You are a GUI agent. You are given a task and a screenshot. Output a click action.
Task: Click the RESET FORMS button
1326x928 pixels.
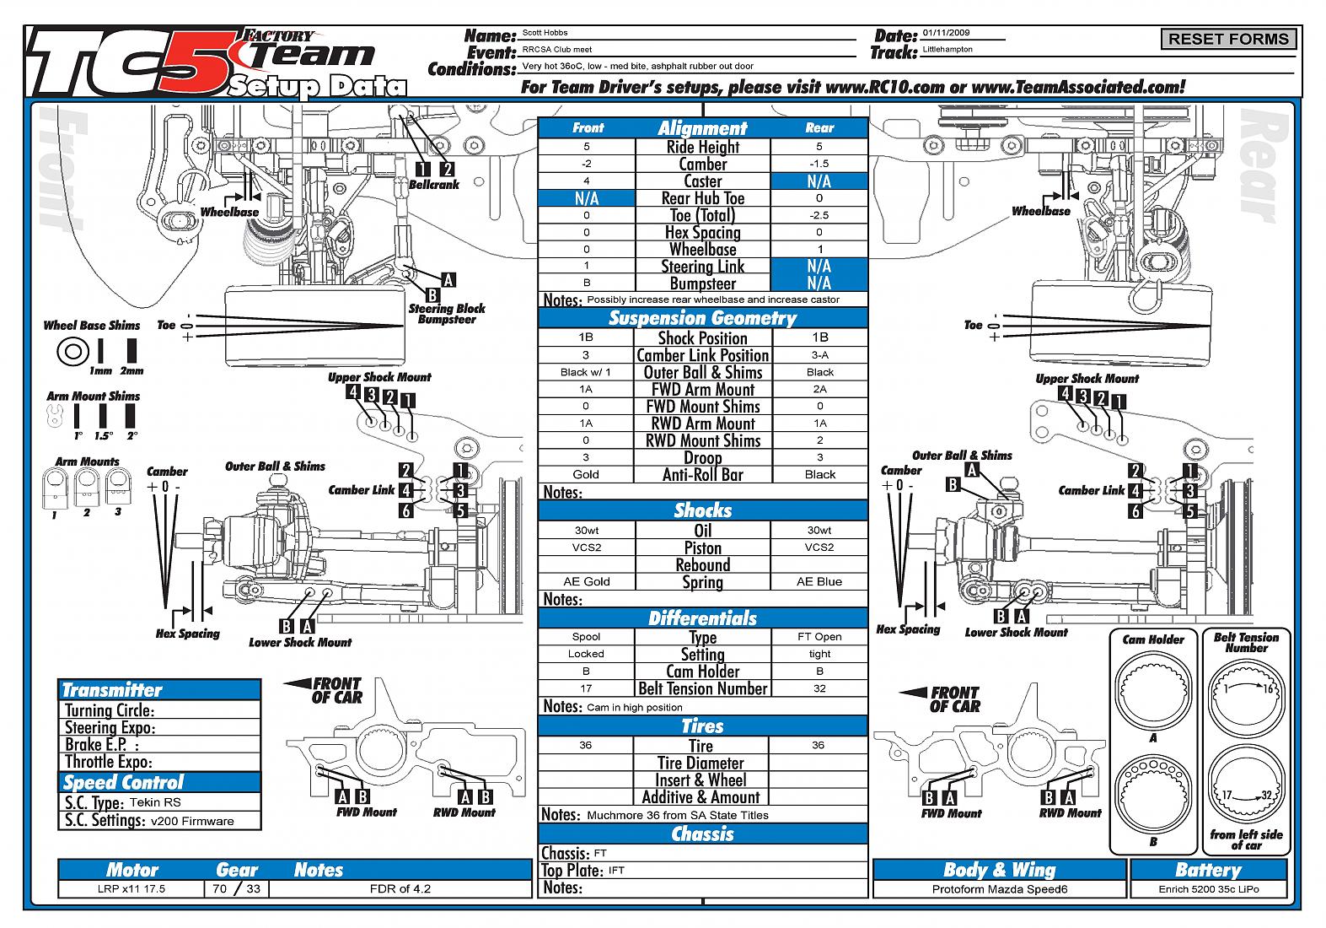1228,39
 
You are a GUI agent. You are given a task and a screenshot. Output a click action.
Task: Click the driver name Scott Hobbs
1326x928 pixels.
545,33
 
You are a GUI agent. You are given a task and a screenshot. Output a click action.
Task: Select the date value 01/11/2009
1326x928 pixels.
946,33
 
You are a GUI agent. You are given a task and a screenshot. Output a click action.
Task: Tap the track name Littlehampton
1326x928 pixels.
948,50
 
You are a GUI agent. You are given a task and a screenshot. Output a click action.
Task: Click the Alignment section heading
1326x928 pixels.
702,128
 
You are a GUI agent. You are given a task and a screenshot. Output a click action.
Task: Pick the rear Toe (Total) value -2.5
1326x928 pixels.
819,215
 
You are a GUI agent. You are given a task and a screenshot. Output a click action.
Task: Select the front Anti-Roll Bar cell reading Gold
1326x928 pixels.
586,474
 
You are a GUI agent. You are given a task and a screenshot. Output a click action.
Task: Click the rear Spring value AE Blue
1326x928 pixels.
819,581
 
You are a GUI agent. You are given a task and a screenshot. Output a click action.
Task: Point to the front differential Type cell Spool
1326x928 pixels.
586,637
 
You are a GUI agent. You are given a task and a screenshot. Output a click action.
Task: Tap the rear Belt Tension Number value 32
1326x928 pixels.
819,688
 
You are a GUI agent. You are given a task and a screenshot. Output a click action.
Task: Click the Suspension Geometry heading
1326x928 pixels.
702,318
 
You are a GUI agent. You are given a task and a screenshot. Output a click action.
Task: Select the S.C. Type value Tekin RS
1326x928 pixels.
155,802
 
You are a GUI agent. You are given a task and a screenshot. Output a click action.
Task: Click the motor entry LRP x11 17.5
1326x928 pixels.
131,888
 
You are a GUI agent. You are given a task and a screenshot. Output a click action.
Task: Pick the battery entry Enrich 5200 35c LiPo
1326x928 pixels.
1208,889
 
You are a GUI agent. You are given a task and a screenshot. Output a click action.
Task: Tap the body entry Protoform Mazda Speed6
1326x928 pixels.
1000,889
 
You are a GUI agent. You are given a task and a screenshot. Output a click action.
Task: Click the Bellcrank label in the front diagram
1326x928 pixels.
434,184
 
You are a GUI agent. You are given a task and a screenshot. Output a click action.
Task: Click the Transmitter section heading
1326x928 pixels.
112,689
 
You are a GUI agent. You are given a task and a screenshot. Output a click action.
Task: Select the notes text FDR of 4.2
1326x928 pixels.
400,888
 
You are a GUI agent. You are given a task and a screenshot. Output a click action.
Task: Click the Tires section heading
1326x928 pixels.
702,726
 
